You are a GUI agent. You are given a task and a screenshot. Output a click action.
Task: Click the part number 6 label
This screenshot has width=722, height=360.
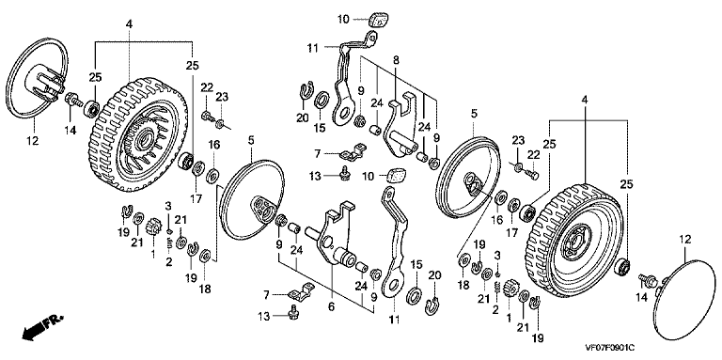click(331, 306)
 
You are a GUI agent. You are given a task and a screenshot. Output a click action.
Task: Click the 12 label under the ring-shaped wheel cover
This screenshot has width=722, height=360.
click(35, 140)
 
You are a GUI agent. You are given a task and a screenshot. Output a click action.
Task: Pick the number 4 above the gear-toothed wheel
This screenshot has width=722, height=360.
click(129, 23)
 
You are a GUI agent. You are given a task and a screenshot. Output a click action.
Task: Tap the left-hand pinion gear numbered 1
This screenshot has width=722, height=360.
click(151, 227)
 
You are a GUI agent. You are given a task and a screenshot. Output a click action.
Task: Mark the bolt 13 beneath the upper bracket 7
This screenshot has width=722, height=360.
click(342, 173)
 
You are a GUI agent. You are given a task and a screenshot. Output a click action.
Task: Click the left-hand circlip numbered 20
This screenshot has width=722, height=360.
click(304, 91)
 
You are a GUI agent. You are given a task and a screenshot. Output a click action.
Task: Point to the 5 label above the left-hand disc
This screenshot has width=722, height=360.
click(251, 140)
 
